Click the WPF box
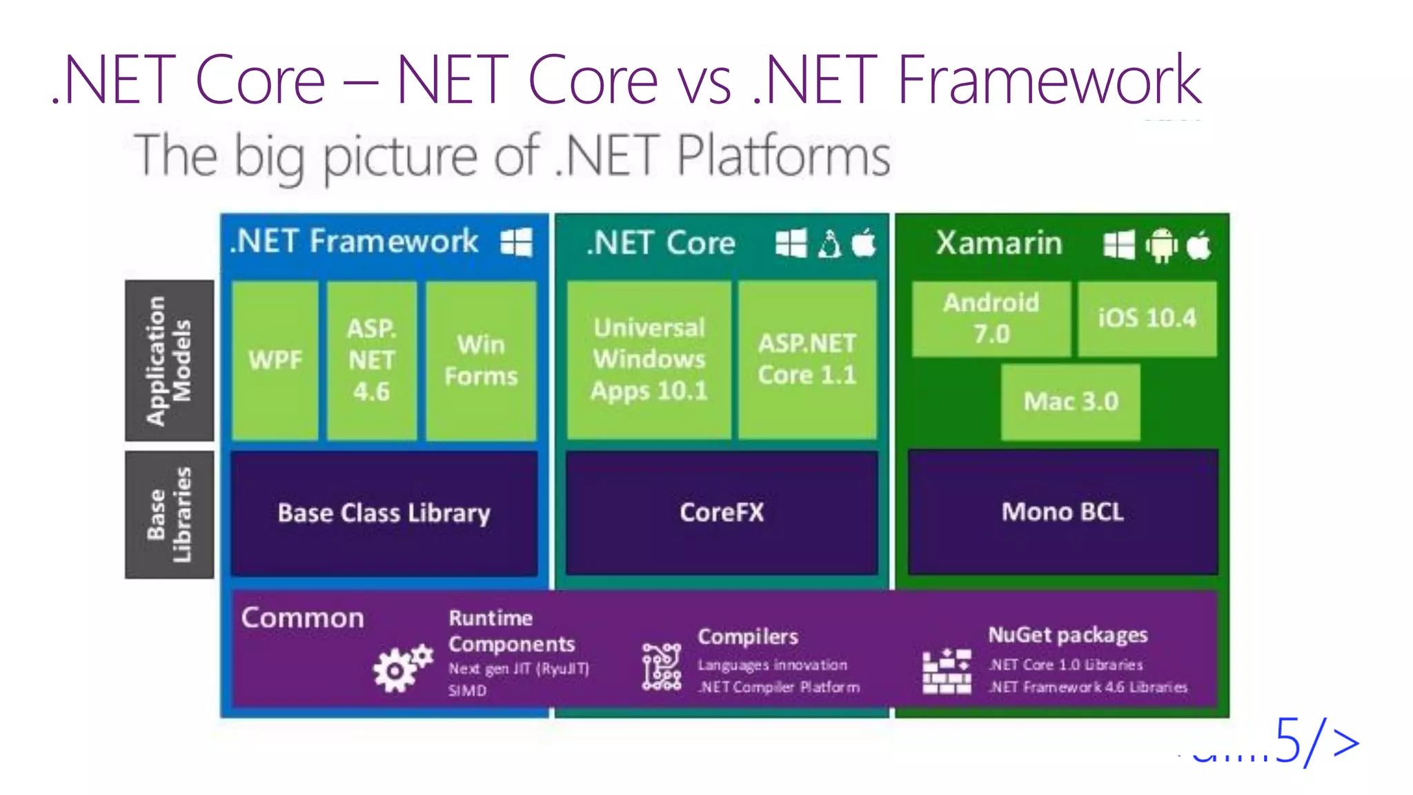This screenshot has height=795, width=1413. pyautogui.click(x=275, y=360)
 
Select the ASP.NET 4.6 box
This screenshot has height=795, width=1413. pyautogui.click(x=372, y=360)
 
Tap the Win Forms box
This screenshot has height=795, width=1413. pyautogui.click(x=481, y=360)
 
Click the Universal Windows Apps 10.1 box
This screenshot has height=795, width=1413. pyautogui.click(x=649, y=360)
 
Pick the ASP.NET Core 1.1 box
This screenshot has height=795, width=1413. pyautogui.click(x=807, y=360)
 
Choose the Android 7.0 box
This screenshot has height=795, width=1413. pyautogui.click(x=991, y=318)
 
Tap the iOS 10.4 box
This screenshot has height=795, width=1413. pyautogui.click(x=1147, y=318)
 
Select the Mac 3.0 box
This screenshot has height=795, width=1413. pyautogui.click(x=1070, y=402)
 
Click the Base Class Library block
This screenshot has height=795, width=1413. pyautogui.click(x=384, y=513)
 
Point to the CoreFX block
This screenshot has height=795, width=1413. pyautogui.click(x=722, y=513)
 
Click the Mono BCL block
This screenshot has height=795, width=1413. pyautogui.click(x=1063, y=511)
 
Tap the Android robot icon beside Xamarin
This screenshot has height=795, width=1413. pyautogui.click(x=1161, y=245)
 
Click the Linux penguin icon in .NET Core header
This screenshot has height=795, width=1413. pyautogui.click(x=829, y=244)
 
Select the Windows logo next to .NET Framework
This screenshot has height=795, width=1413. pyautogui.click(x=516, y=242)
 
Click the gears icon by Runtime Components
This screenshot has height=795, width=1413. pyautogui.click(x=402, y=668)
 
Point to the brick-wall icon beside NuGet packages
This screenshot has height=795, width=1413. pyautogui.click(x=947, y=671)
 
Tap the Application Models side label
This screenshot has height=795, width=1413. pyautogui.click(x=169, y=360)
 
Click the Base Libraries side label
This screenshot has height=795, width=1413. pyautogui.click(x=169, y=515)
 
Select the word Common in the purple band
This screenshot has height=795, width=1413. pyautogui.click(x=302, y=618)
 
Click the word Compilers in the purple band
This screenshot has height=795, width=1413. pyautogui.click(x=748, y=636)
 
